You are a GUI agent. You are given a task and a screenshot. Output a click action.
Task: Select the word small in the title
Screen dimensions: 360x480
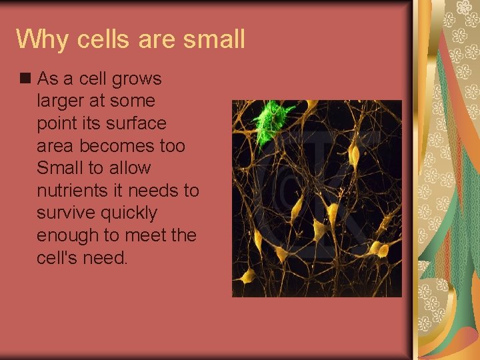[213, 39]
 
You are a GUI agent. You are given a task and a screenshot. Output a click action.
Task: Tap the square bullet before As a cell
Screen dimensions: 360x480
[25, 78]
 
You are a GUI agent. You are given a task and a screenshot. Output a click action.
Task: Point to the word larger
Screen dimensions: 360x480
[62, 101]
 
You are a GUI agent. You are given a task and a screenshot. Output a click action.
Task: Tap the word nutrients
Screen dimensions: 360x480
[76, 191]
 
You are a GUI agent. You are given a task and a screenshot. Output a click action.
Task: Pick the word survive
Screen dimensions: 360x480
[65, 213]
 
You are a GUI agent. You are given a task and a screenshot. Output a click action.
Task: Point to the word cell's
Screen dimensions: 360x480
[57, 258]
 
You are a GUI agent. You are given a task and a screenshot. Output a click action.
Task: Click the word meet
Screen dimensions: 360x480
[149, 236]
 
